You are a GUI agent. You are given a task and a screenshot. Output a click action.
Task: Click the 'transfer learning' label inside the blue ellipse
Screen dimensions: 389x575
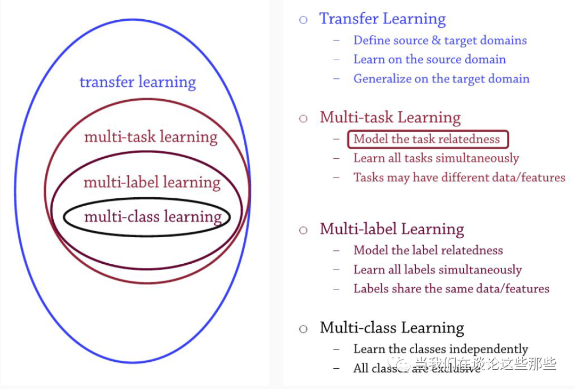click(137, 82)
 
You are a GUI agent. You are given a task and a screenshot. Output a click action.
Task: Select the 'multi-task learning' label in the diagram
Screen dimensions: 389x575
click(151, 137)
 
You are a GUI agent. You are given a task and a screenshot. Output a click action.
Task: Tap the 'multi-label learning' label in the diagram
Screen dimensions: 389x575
click(152, 182)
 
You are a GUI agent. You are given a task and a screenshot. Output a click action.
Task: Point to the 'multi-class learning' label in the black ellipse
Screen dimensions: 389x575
click(153, 216)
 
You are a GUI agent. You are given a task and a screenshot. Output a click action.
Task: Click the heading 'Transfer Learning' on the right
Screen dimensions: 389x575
click(382, 19)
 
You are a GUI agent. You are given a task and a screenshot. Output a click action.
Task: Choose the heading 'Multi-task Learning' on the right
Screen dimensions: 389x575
click(390, 117)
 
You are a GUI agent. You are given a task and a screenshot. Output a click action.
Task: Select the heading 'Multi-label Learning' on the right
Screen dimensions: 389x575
click(392, 229)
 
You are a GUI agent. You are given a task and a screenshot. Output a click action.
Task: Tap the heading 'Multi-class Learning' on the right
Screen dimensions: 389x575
click(392, 328)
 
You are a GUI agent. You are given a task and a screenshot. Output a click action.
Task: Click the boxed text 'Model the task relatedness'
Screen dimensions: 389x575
click(427, 140)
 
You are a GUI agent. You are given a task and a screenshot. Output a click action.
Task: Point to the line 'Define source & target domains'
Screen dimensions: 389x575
click(440, 40)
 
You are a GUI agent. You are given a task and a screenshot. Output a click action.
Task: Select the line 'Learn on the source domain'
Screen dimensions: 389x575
click(429, 60)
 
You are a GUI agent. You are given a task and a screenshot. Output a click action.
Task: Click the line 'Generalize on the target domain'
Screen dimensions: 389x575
click(441, 79)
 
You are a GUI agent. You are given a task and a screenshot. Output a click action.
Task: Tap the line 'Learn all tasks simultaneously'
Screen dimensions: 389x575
click(436, 158)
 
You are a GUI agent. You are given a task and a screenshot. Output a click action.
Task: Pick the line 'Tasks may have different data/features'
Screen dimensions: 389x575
click(459, 177)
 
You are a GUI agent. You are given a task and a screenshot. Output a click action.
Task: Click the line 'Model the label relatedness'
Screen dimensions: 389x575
click(428, 250)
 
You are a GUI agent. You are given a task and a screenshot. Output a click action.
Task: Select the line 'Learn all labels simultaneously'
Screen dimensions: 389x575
click(437, 270)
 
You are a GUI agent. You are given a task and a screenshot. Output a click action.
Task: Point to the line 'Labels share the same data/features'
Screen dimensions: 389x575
click(451, 289)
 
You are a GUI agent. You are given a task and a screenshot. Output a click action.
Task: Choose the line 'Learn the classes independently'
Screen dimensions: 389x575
click(440, 350)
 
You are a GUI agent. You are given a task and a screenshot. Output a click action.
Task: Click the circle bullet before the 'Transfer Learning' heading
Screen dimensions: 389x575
click(303, 20)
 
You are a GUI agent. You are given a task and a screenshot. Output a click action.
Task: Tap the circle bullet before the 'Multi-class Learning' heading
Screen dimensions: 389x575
click(303, 329)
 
